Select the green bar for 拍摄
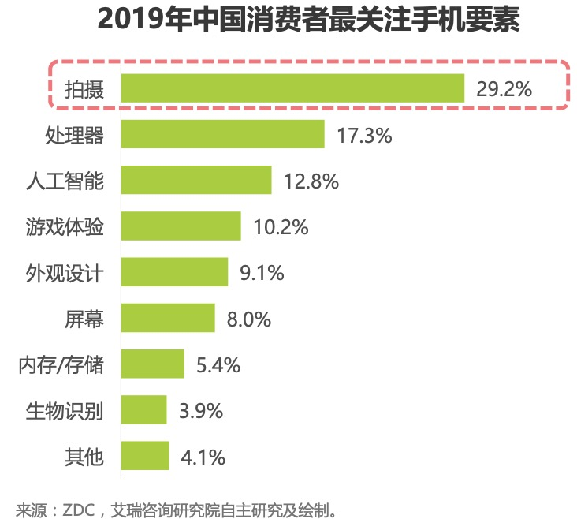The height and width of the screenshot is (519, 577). (292, 88)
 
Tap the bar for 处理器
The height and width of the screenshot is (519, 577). (223, 134)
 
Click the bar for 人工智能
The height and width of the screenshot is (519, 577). (196, 180)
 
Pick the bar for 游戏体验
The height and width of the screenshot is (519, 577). (181, 226)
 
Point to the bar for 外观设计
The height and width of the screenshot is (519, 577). (174, 272)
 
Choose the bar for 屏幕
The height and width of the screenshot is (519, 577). (168, 318)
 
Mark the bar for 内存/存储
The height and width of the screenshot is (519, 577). (153, 364)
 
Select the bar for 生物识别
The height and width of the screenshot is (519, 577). (144, 409)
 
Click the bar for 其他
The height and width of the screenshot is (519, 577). (145, 455)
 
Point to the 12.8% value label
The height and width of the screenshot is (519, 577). (311, 181)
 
